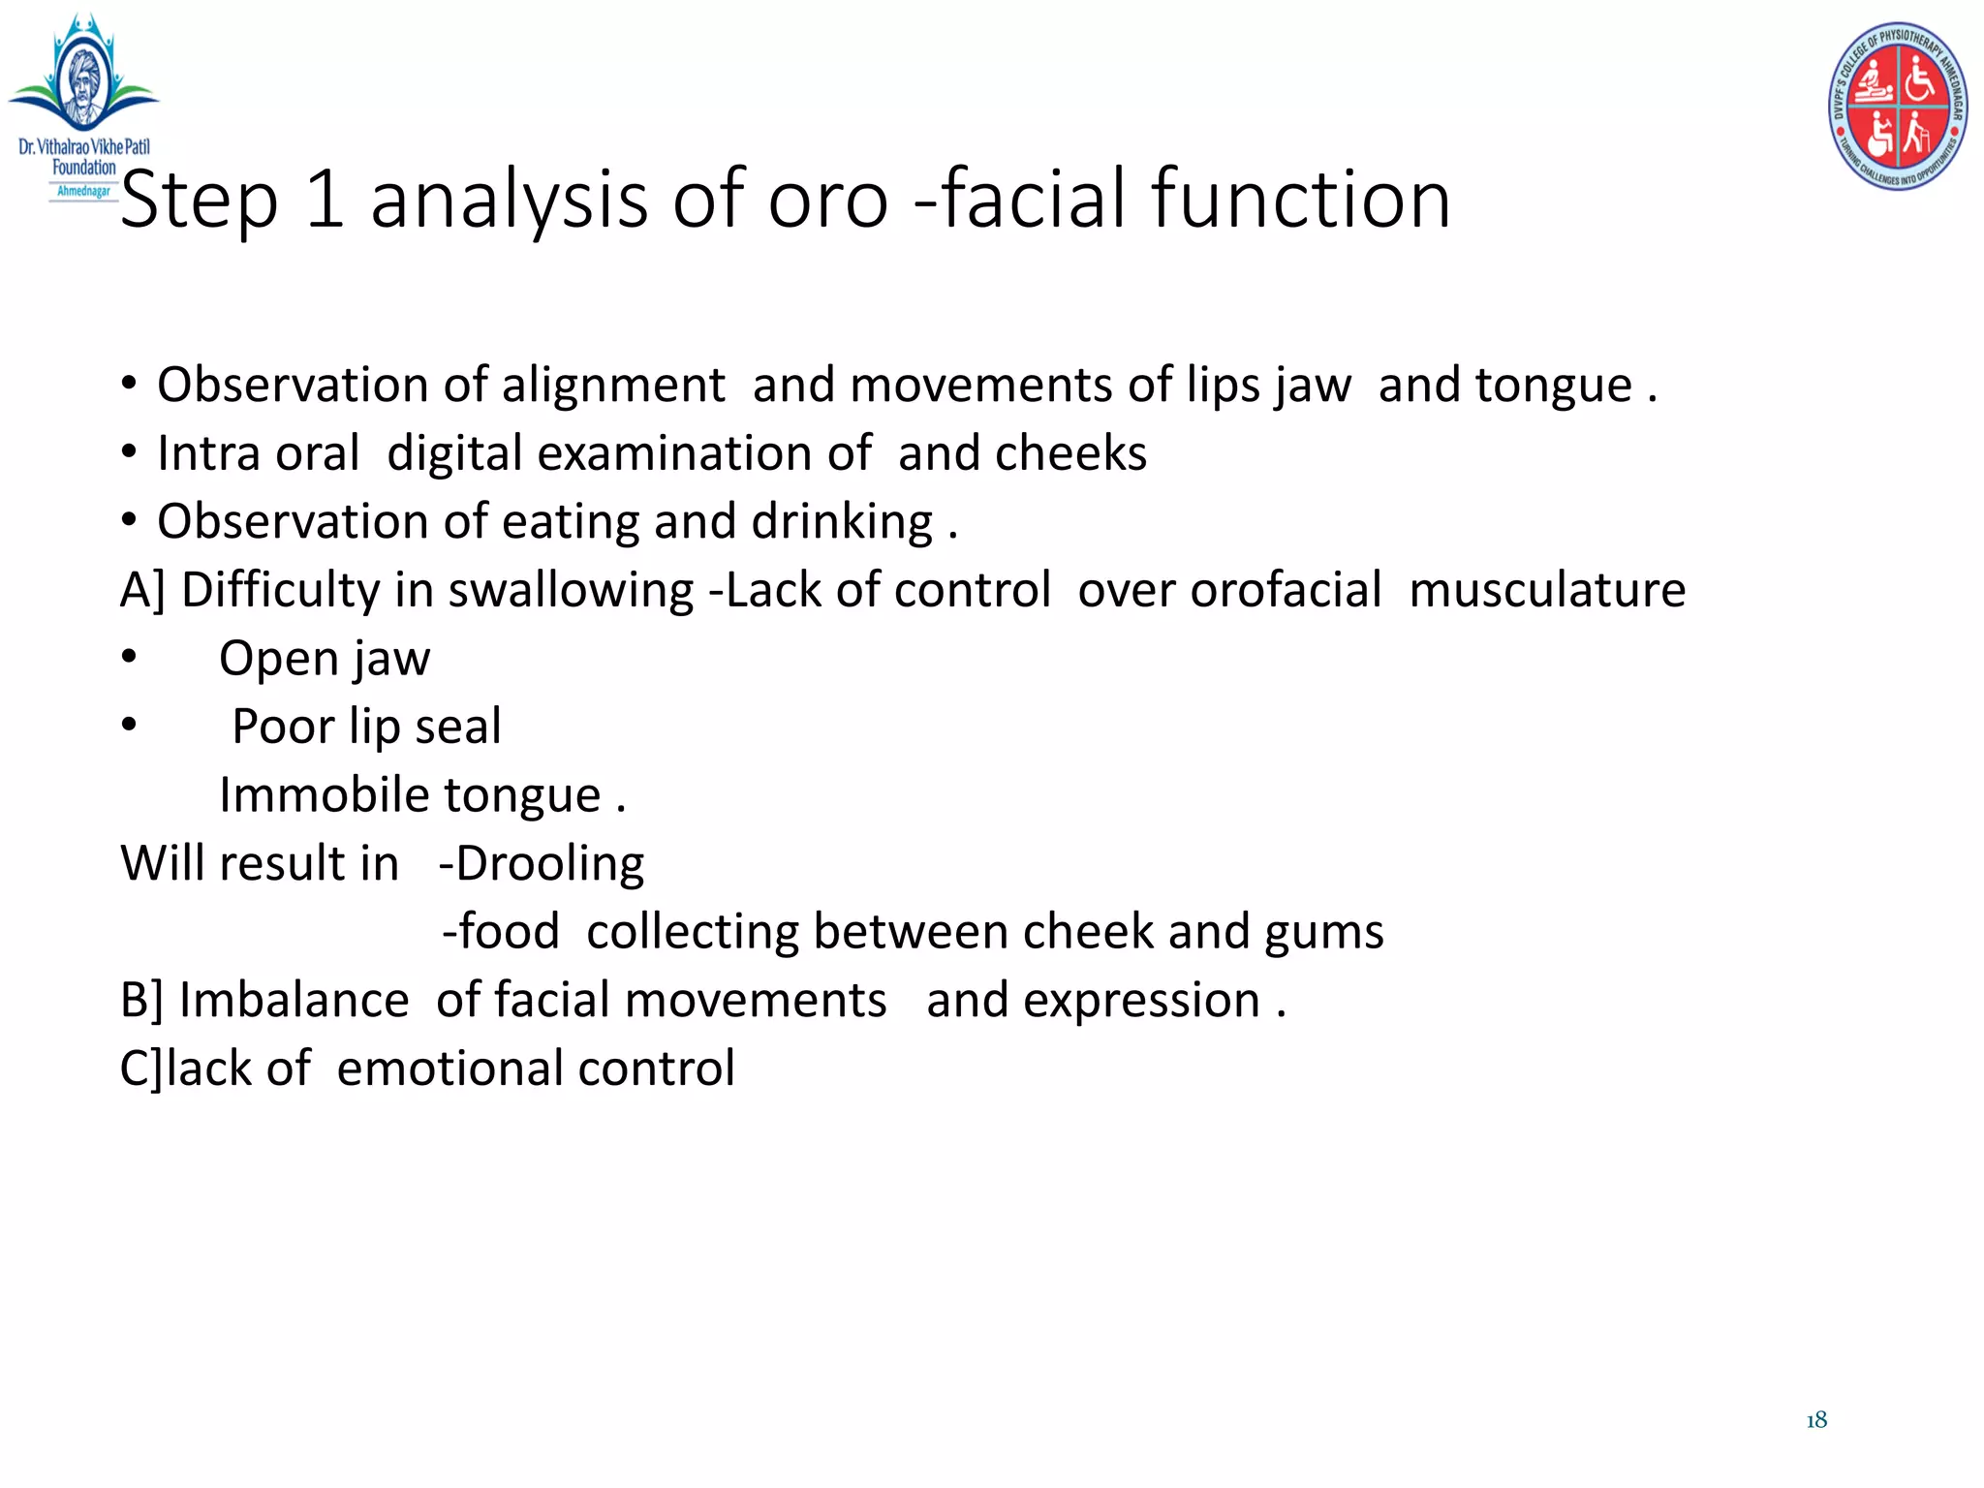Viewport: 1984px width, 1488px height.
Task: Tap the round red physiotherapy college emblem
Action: (x=1897, y=106)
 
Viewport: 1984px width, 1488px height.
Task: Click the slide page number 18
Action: (x=1816, y=1420)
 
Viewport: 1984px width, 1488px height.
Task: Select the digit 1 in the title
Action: (x=325, y=200)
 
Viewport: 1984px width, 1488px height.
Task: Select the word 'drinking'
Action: (x=842, y=523)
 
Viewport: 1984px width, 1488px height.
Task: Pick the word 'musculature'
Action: (x=1547, y=590)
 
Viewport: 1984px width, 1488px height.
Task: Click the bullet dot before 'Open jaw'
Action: (x=129, y=658)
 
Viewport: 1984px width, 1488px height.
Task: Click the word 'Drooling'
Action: (x=549, y=864)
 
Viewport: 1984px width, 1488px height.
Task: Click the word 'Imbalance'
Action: (x=294, y=1001)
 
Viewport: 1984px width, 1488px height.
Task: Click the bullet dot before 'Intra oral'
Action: (x=129, y=453)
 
